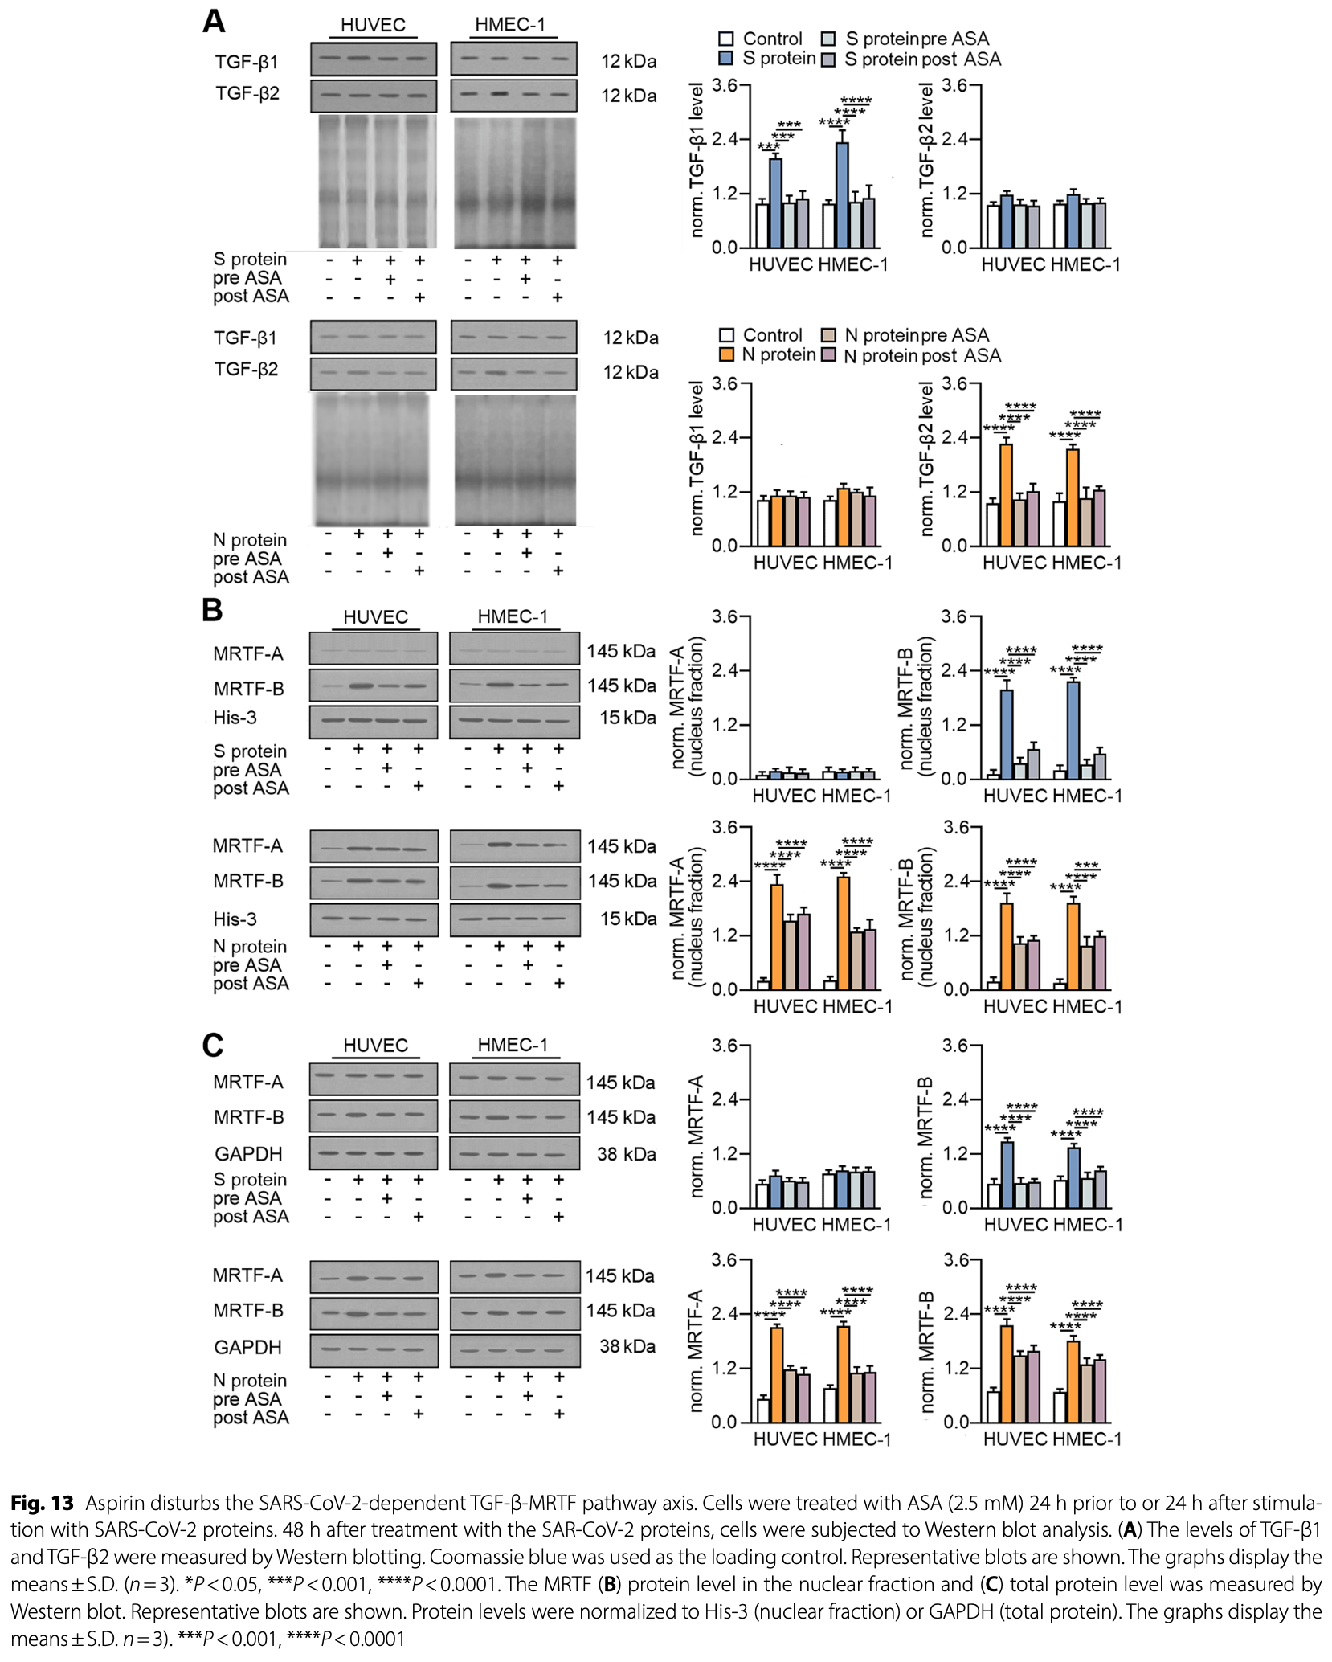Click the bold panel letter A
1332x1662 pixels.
[214, 21]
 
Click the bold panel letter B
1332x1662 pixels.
[212, 610]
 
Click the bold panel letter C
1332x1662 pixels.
[212, 1045]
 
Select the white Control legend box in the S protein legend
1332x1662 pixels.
[726, 39]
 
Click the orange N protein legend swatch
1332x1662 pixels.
[726, 354]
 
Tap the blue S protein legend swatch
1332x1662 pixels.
[726, 59]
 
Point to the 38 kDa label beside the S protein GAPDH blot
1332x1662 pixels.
[626, 1154]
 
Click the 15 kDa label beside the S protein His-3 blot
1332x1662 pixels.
[627, 718]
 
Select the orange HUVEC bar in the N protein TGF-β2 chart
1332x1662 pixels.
[1006, 494]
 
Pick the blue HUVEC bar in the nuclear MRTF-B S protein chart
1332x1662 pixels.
[1006, 734]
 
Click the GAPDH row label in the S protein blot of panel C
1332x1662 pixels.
[248, 1154]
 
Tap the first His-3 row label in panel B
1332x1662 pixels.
[235, 718]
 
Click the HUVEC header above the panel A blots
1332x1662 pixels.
[373, 25]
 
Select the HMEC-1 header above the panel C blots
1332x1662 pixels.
[513, 1045]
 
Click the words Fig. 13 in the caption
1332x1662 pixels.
[42, 1503]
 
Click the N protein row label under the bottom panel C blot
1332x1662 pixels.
[249, 1381]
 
